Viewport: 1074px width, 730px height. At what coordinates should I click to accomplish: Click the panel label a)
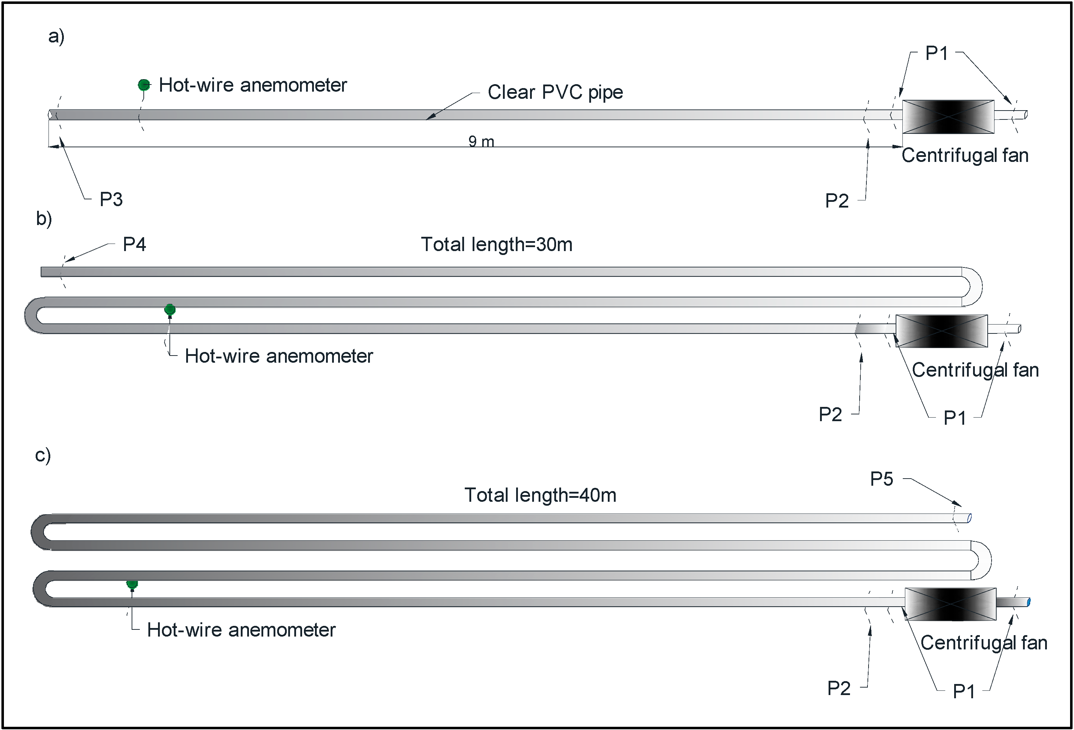(56, 36)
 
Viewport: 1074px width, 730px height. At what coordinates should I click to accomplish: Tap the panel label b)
(44, 218)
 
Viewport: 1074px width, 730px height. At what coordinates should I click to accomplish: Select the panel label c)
(43, 455)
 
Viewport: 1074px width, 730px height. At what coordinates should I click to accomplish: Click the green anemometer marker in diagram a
(144, 85)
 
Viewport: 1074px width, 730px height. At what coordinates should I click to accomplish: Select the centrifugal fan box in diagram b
(941, 331)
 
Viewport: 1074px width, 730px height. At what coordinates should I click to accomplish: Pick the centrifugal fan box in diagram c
(950, 604)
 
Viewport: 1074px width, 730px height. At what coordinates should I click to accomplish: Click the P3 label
(111, 199)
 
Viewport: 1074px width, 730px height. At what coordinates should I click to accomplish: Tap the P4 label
(134, 244)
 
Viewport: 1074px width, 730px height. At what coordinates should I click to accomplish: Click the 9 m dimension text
(481, 141)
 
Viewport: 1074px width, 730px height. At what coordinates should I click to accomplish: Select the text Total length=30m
(496, 244)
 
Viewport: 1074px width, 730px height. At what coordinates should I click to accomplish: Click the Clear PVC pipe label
(555, 92)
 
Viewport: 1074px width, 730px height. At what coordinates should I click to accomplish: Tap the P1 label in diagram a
(936, 53)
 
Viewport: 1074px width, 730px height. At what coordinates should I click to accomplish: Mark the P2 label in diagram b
(830, 414)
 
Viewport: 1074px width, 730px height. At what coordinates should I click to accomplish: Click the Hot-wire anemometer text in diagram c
(241, 630)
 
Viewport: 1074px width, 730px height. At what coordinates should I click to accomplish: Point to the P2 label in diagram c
(838, 688)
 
